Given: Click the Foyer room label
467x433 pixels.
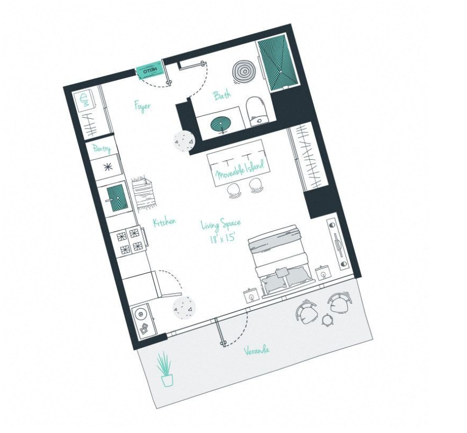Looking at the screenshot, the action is [143, 106].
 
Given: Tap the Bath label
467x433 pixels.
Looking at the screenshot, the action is [222, 96].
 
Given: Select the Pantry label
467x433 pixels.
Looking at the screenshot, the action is [101, 148].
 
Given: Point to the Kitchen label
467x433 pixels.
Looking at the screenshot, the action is [164, 222].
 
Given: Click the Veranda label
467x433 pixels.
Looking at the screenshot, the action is [257, 350].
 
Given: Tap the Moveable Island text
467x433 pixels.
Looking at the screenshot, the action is [240, 171].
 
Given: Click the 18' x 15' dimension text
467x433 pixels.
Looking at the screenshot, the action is [223, 238].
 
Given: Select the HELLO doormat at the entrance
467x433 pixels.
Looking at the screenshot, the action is [150, 70].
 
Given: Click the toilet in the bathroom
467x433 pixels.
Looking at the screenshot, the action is [256, 111].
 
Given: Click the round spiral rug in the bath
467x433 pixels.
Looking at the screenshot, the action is [244, 72].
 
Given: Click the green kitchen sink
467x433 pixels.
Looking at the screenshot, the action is [117, 198].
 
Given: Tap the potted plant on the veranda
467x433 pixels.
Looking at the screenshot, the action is [166, 369].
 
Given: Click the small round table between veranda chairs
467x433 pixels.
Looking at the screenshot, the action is [327, 320].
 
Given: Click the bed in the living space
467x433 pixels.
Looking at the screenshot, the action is [279, 261].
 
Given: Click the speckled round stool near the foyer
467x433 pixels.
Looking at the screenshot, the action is [184, 140].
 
